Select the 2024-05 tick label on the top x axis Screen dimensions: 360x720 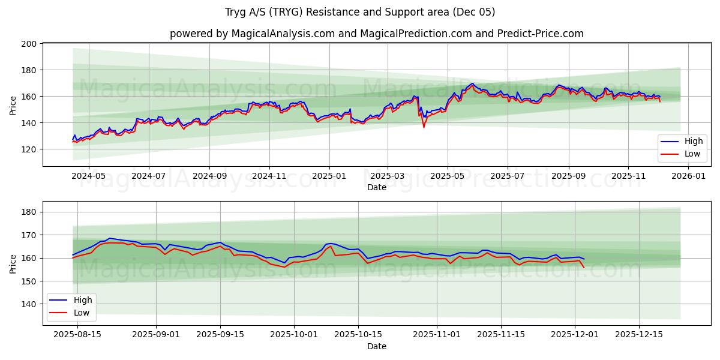pos(88,176)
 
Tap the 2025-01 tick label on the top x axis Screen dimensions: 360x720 pos(329,176)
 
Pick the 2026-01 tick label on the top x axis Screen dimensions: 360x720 pos(688,176)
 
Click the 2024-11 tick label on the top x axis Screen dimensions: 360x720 pos(269,176)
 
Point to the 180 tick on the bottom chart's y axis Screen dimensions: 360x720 pos(30,212)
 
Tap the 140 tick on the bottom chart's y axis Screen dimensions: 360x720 pos(30,304)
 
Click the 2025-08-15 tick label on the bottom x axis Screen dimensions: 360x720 pos(77,335)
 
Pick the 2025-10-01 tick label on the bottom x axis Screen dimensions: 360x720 pos(294,335)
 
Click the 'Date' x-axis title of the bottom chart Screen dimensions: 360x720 pos(376,346)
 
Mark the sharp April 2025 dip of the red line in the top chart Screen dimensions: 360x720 pos(424,127)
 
